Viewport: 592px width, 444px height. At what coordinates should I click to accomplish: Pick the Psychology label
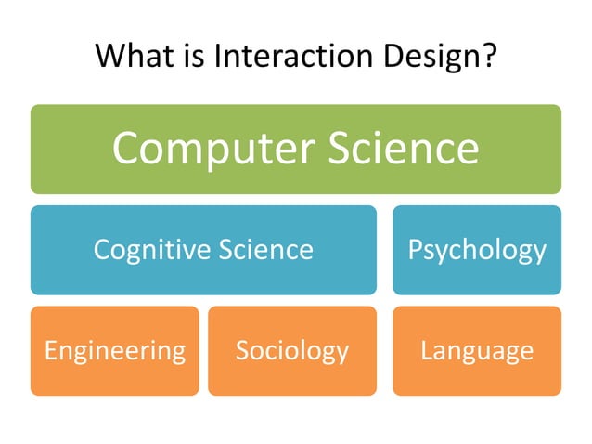click(477, 250)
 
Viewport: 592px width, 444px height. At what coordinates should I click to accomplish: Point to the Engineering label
click(115, 351)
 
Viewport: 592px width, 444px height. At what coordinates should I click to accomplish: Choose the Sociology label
click(291, 350)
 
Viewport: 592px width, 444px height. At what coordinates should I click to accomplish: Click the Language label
click(477, 351)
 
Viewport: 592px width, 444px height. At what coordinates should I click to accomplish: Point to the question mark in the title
click(488, 58)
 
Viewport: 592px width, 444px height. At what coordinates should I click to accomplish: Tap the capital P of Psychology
click(415, 249)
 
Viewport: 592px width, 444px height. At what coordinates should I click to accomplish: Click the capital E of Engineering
click(51, 350)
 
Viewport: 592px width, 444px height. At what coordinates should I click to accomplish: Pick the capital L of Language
click(426, 350)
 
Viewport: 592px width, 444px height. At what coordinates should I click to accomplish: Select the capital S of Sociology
click(242, 350)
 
